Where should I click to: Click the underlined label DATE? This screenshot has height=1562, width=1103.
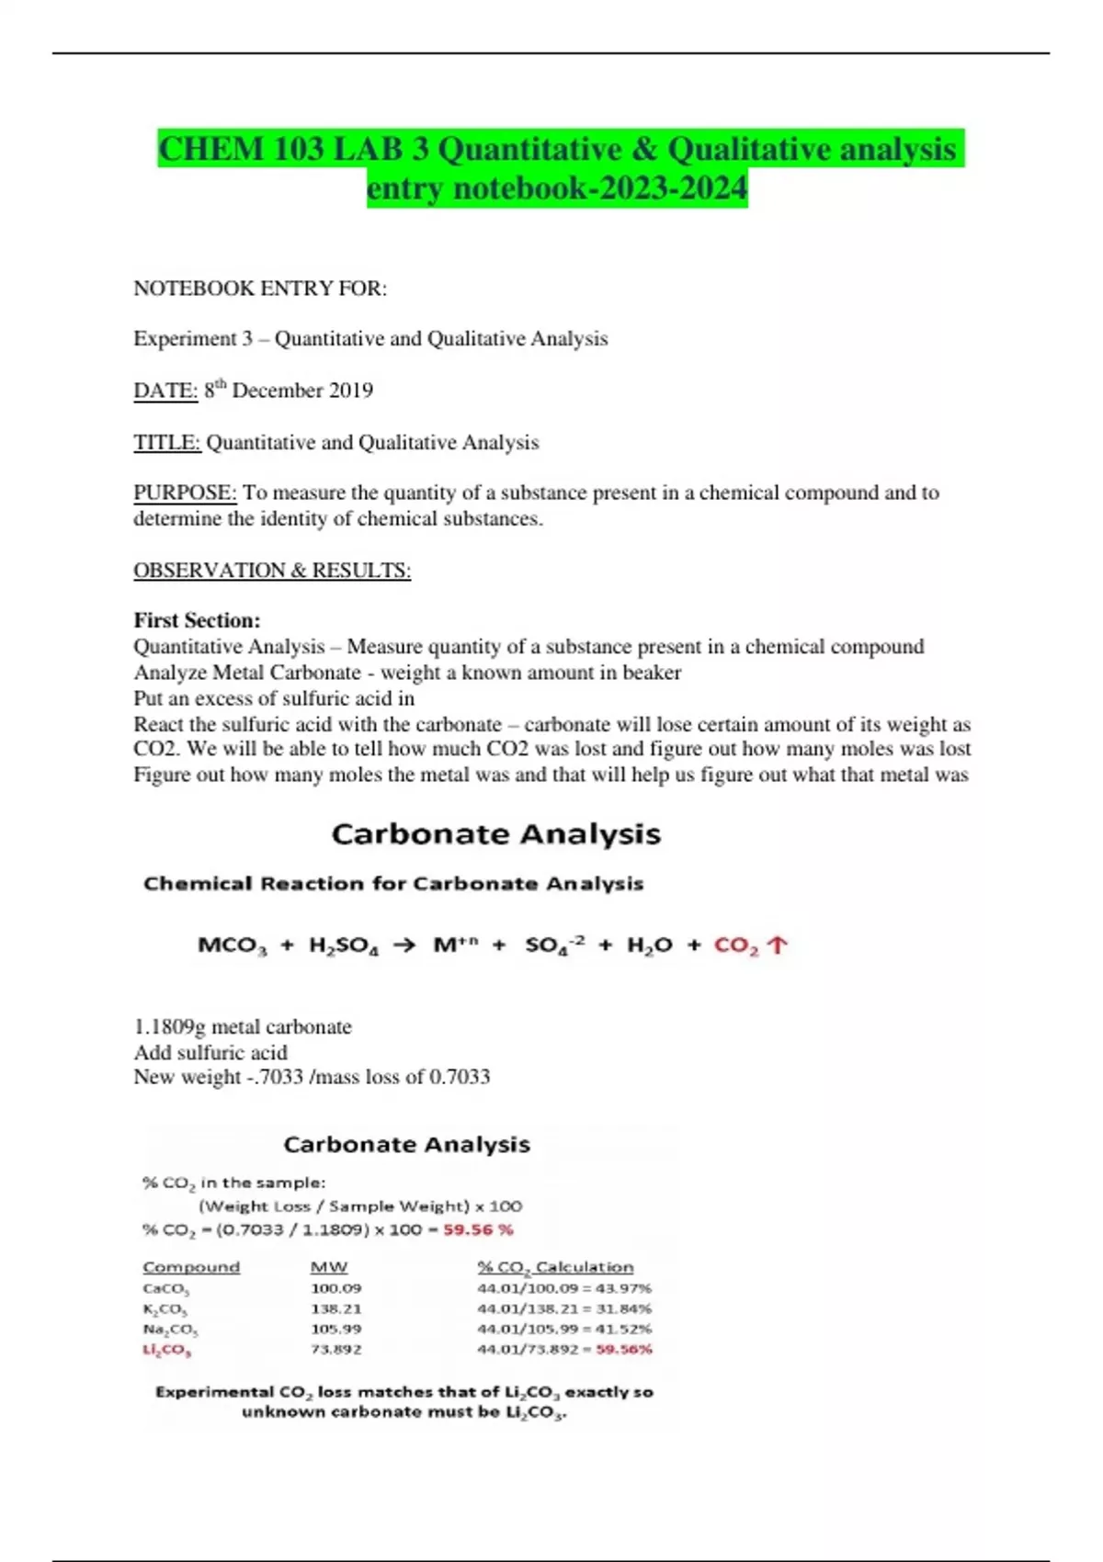(165, 390)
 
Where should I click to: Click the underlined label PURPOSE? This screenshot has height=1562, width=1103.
(185, 492)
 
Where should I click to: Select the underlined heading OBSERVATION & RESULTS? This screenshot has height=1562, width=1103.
(272, 571)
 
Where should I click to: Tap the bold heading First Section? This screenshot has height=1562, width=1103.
(197, 620)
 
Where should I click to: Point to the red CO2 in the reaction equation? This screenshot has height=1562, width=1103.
(736, 945)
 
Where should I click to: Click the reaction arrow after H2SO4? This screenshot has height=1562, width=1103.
(404, 945)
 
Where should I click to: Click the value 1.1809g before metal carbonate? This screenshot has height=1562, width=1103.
(169, 1027)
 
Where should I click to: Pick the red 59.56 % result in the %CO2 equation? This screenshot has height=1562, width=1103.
(478, 1229)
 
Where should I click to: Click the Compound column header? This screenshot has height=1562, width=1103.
(191, 1267)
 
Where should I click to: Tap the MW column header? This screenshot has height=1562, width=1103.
(329, 1267)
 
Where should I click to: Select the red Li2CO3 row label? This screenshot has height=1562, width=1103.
(166, 1350)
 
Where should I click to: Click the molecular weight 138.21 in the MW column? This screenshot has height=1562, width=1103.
(335, 1308)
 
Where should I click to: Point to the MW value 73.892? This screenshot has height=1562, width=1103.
(335, 1349)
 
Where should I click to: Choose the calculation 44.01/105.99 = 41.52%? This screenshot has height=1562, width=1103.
(564, 1329)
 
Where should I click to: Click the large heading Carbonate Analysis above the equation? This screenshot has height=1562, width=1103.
(495, 834)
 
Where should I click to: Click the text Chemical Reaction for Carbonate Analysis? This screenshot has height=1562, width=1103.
(393, 884)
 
